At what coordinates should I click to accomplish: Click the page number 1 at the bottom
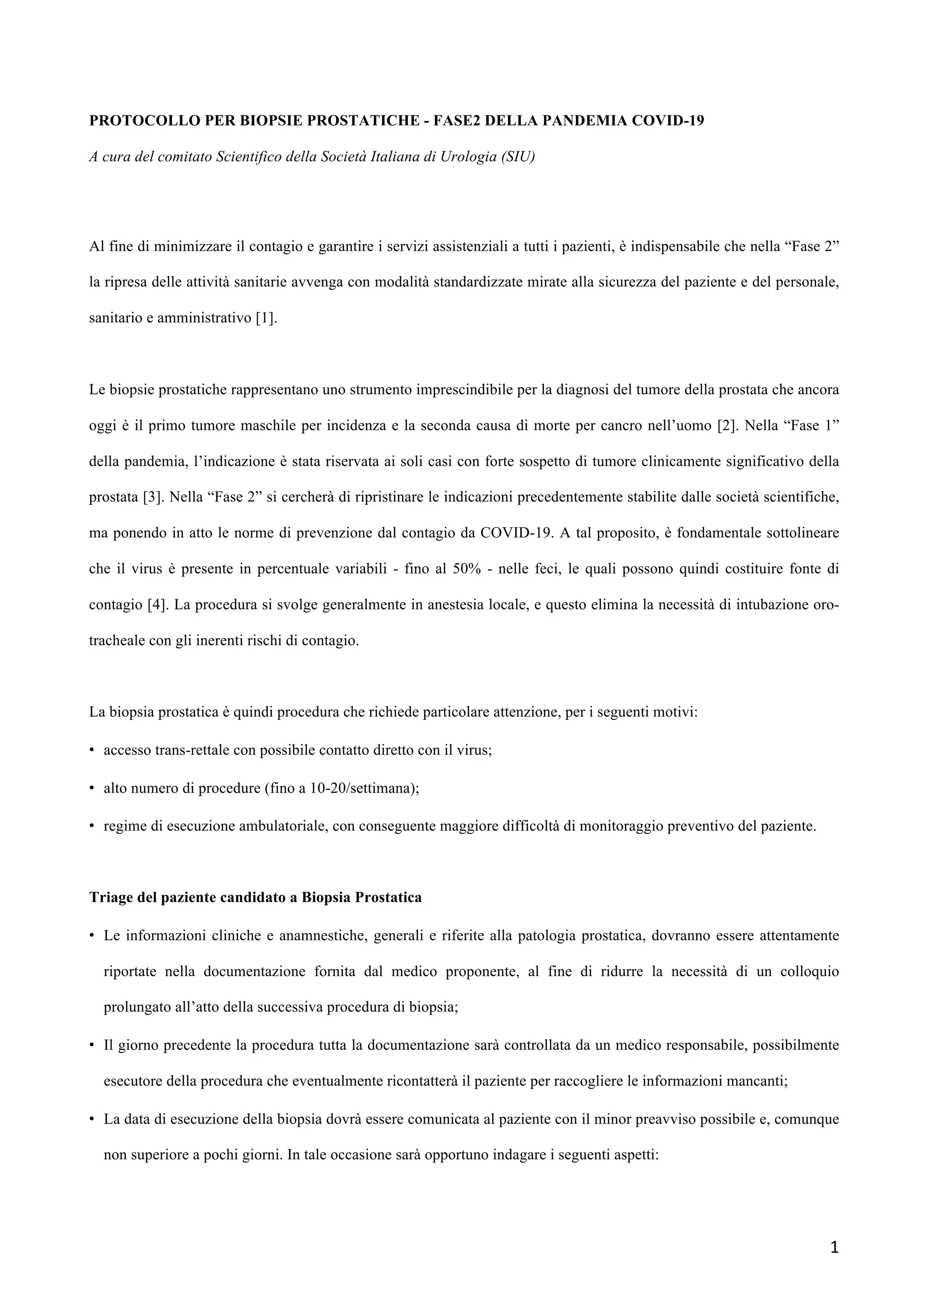click(x=834, y=1248)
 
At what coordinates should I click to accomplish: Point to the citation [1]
click(x=266, y=318)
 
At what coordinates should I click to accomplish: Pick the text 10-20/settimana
click(x=362, y=789)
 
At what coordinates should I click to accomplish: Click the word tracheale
click(x=117, y=641)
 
